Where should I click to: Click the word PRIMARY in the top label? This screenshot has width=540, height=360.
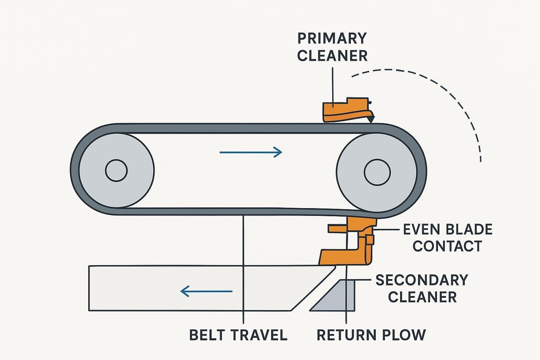332,38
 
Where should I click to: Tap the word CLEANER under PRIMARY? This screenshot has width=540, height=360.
332,56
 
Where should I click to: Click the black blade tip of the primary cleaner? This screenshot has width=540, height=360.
371,119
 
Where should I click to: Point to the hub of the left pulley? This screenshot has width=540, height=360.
116,171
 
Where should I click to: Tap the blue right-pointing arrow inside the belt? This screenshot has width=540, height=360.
251,152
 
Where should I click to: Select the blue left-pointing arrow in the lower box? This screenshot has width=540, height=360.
206,291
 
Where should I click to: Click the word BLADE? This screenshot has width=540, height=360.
469,230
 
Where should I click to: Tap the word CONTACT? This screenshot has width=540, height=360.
447,246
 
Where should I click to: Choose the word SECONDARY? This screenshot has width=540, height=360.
422,280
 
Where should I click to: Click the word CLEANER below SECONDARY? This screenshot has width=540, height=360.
422,297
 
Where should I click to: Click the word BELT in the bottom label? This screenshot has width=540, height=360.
208,335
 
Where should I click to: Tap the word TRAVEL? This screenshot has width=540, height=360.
258,335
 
